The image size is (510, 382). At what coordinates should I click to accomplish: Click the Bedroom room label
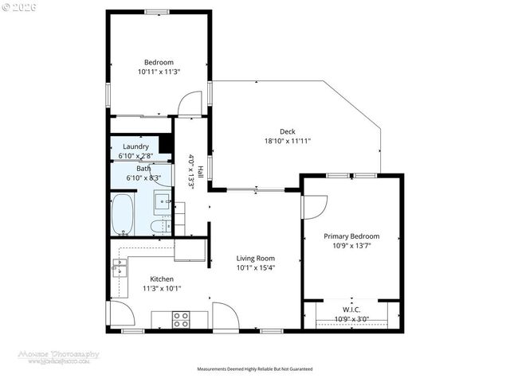(x=159, y=62)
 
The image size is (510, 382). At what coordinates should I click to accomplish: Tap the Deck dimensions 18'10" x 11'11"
(x=287, y=141)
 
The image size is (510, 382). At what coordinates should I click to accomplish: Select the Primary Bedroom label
(x=351, y=236)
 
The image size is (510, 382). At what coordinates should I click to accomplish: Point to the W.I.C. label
(x=351, y=310)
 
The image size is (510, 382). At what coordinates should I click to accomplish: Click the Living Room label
(x=255, y=258)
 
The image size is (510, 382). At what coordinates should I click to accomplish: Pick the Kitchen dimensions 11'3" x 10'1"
(x=162, y=288)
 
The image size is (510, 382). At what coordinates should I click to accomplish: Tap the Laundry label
(x=135, y=147)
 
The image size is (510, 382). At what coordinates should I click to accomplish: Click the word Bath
(x=143, y=168)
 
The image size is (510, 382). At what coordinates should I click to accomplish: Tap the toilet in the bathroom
(x=159, y=226)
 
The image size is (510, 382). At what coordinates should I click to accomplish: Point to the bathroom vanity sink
(x=162, y=201)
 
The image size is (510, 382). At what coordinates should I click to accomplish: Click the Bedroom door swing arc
(x=190, y=103)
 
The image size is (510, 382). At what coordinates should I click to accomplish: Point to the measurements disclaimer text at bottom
(x=255, y=369)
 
